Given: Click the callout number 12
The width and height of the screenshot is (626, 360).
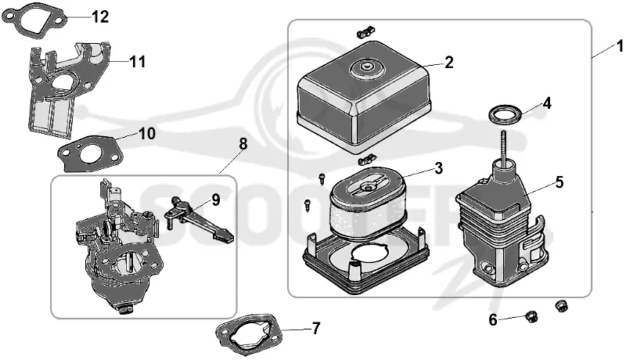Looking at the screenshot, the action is tap(100, 16).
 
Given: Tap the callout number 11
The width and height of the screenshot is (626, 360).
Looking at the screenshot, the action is tap(138, 62).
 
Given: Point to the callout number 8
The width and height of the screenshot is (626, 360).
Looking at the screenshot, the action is tap(243, 144).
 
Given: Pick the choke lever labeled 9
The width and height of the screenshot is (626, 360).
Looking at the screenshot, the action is tap(198, 219).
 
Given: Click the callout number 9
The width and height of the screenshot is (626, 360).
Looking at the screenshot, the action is tap(216, 200).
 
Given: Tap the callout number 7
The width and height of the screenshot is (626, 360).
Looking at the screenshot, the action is tap(316, 329).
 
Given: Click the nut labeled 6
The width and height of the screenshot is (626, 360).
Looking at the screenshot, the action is tap(531, 317).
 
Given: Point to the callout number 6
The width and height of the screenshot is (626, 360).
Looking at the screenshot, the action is tap(493, 319).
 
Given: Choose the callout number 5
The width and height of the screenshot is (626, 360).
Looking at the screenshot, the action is tap(559, 182).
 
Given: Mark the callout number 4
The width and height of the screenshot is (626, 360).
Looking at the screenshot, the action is tap(547, 103).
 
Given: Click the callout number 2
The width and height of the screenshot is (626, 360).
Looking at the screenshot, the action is tap(448, 63).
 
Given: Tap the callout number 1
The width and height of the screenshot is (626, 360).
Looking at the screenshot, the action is tap(620, 46).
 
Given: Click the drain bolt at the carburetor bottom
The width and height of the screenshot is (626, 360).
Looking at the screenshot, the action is tap(126, 308).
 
